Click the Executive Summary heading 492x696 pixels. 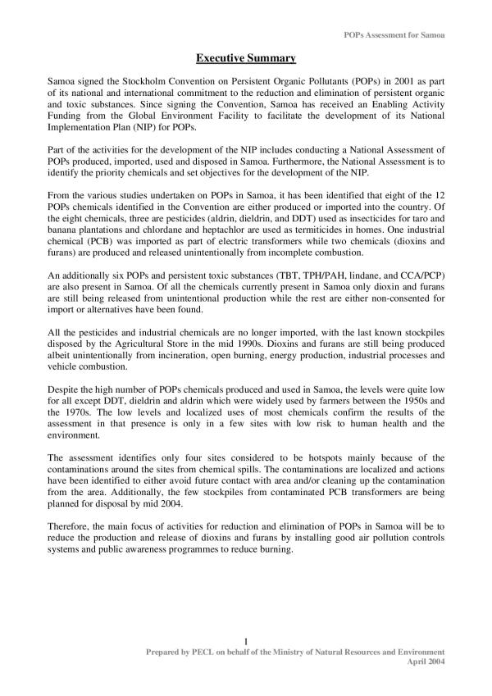[246, 58]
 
